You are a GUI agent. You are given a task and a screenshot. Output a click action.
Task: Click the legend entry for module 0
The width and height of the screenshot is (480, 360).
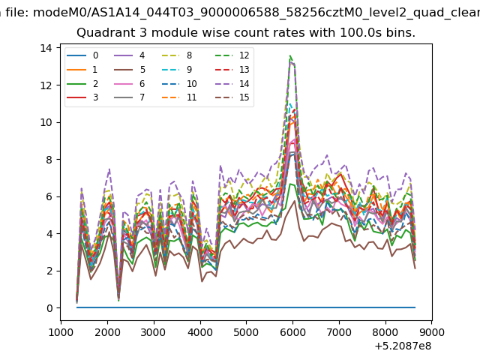[82, 55]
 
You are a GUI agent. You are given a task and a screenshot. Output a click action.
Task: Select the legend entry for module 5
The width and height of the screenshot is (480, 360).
[130, 70]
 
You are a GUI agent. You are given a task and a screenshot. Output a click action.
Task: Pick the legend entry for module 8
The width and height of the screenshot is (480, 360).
[177, 55]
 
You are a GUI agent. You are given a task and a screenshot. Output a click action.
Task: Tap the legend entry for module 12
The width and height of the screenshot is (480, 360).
[232, 55]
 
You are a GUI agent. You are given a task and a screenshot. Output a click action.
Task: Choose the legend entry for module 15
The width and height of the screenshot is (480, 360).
[232, 97]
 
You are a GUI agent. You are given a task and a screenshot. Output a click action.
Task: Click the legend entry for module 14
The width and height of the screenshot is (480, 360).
[232, 83]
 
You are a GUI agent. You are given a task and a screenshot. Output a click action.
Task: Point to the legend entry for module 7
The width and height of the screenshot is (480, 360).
[130, 97]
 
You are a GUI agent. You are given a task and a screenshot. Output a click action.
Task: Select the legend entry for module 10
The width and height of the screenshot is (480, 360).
[179, 83]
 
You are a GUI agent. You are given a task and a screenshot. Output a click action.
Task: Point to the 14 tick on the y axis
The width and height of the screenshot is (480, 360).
[58, 48]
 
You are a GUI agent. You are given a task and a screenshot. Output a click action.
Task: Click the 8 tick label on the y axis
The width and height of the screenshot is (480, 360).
[49, 160]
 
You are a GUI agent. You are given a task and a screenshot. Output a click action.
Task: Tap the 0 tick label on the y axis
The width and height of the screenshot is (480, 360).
[49, 308]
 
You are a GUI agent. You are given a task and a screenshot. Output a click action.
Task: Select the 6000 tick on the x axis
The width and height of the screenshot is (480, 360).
[293, 322]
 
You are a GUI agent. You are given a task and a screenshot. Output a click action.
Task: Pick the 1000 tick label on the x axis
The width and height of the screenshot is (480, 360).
[61, 332]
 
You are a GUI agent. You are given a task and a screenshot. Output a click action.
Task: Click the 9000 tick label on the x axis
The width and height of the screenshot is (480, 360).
[432, 332]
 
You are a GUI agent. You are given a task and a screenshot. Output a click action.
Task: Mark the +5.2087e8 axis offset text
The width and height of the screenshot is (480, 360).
[403, 346]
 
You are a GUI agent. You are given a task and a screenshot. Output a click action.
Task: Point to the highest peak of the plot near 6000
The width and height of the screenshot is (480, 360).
[290, 55]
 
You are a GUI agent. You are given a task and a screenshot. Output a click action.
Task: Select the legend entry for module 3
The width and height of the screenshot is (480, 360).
[82, 97]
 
